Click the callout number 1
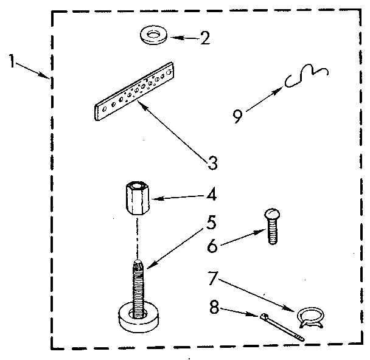tap(13, 61)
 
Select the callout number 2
tap(206, 39)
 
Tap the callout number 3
tap(211, 163)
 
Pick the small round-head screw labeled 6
tap(271, 226)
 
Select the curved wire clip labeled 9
tap(307, 76)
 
